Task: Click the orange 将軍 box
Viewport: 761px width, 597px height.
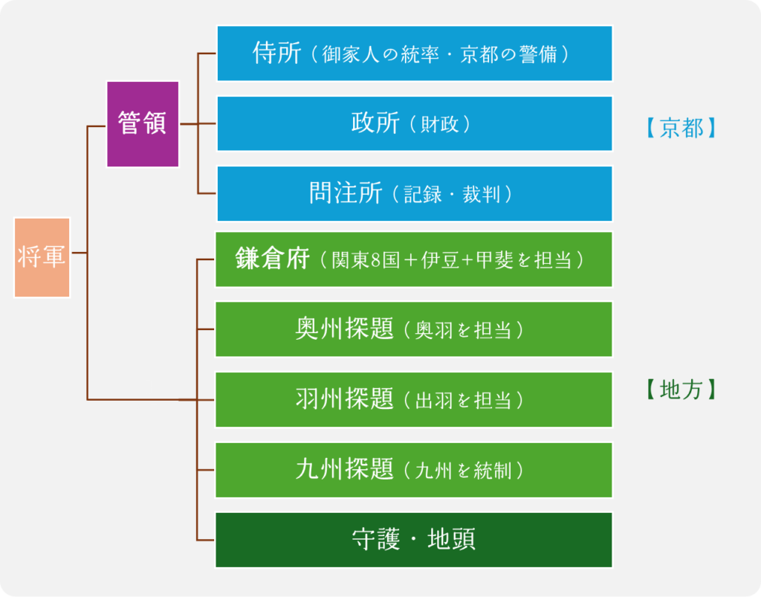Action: (x=42, y=257)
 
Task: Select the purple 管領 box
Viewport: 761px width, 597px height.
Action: (x=142, y=123)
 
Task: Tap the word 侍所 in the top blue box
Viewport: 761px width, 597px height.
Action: (x=276, y=54)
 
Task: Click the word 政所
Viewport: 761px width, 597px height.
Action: (x=375, y=123)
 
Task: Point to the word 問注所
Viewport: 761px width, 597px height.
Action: (x=346, y=193)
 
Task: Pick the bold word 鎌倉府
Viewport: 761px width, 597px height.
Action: (x=272, y=259)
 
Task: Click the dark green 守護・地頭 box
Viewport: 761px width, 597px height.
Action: (x=414, y=540)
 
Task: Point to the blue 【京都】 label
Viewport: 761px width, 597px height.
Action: (x=681, y=128)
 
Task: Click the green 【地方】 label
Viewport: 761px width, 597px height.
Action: (x=681, y=390)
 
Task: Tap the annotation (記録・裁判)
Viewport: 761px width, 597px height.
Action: (x=458, y=195)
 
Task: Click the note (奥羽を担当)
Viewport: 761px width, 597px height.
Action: (x=464, y=330)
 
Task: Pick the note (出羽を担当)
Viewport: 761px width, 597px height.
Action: (x=464, y=401)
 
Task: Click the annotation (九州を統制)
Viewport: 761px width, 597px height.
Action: (x=464, y=471)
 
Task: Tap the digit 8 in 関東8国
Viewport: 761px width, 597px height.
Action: (x=392, y=261)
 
